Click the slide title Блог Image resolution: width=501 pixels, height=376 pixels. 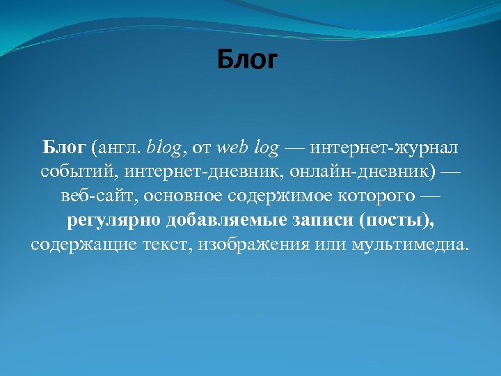coord(247,61)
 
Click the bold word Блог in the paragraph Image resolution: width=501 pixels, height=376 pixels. coord(64,148)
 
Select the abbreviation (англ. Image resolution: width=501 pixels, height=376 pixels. coord(116,148)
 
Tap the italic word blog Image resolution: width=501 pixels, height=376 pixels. coord(165,148)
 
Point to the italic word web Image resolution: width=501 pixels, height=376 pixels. coord(232,148)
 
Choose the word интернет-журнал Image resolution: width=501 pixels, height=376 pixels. coord(384,148)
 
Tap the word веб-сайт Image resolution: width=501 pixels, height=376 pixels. coord(98,196)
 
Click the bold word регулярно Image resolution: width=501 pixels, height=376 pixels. coord(113,221)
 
